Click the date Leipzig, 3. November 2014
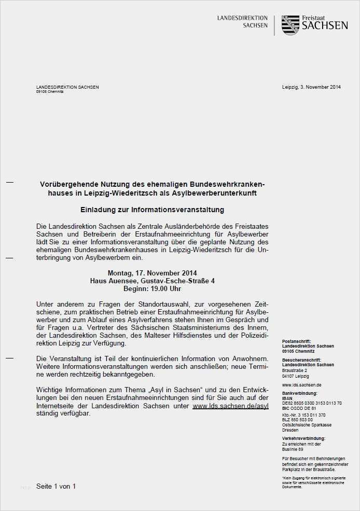pos(311,87)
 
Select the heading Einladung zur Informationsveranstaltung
pos(152,210)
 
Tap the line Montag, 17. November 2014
pos(152,273)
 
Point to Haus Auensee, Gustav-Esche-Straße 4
pos(152,281)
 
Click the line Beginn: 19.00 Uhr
pos(152,288)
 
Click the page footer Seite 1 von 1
pos(56,486)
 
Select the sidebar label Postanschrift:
pos(297,341)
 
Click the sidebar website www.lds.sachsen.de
pos(302,384)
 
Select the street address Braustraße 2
pos(295,370)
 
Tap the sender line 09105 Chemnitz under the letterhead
pos(49,91)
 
